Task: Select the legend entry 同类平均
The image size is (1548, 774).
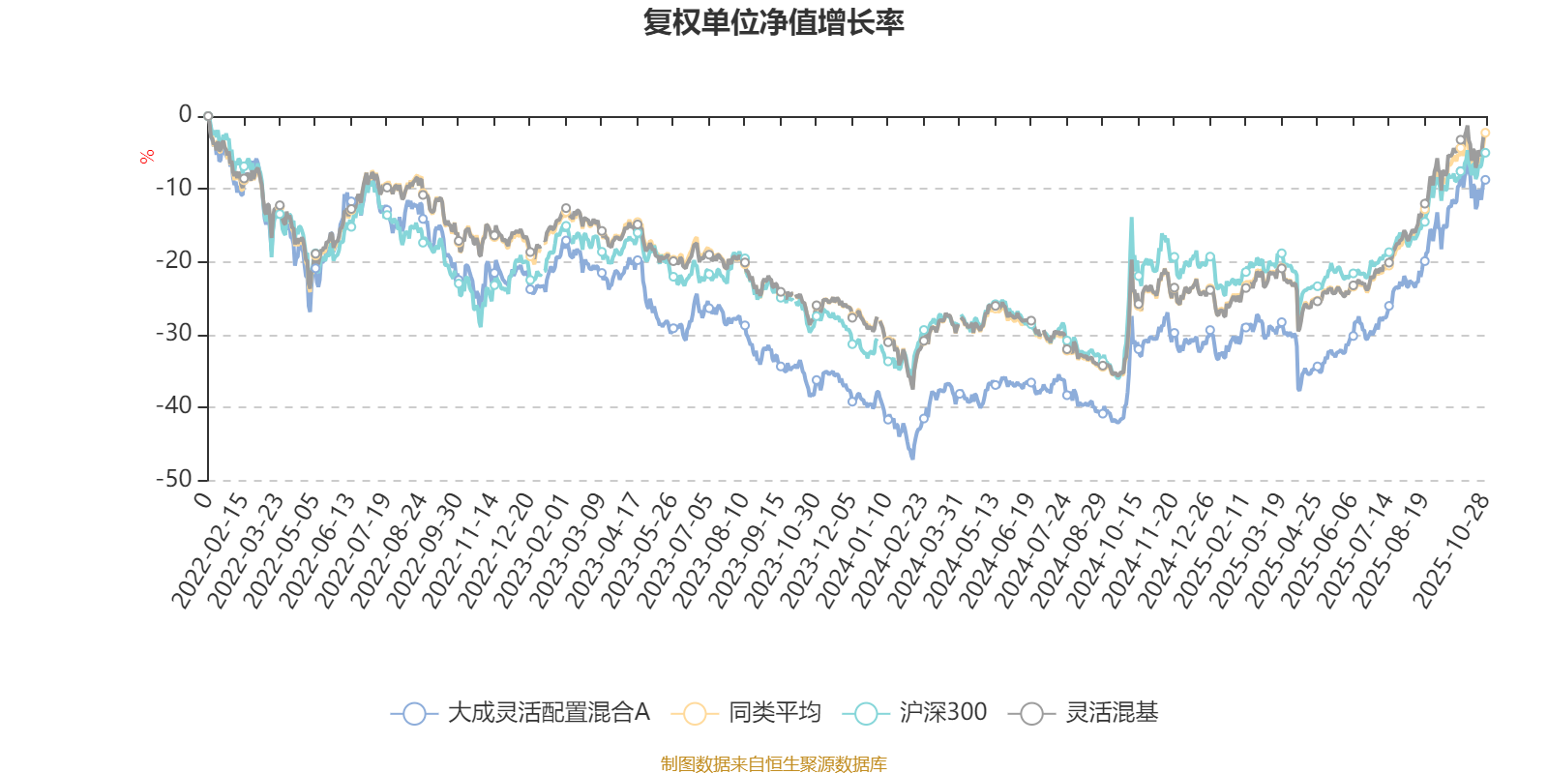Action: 752,713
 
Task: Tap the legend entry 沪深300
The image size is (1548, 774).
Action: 915,713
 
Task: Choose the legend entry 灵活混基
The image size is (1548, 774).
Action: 1084,713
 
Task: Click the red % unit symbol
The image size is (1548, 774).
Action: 147,157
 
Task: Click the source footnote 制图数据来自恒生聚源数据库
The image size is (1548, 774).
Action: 773,764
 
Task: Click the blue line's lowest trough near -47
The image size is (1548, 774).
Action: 912,458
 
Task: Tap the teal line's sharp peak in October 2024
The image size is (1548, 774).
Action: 1131,219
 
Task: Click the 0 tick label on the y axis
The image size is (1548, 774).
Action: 185,115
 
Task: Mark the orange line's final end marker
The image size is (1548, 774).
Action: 1485,133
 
